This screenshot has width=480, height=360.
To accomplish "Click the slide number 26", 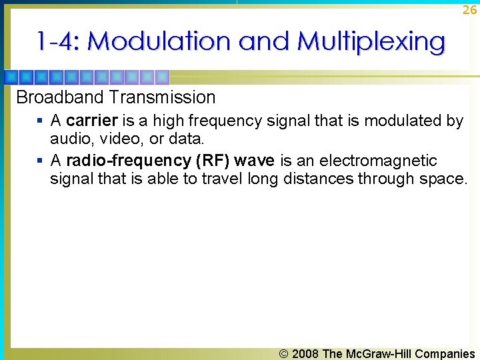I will [x=469, y=10].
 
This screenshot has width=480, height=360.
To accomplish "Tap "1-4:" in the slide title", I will [x=59, y=41].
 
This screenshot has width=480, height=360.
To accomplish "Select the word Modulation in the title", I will [x=160, y=41].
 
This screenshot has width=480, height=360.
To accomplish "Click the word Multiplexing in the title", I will [x=371, y=42].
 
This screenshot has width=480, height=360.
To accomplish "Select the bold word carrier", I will [x=92, y=121].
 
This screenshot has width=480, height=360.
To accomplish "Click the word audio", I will [x=69, y=139].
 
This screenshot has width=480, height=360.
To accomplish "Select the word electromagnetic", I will [x=378, y=161].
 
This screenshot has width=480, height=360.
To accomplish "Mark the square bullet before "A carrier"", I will [x=41, y=121].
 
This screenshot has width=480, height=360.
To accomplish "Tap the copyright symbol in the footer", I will [x=284, y=353].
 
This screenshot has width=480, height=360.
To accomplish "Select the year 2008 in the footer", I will [x=305, y=353].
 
